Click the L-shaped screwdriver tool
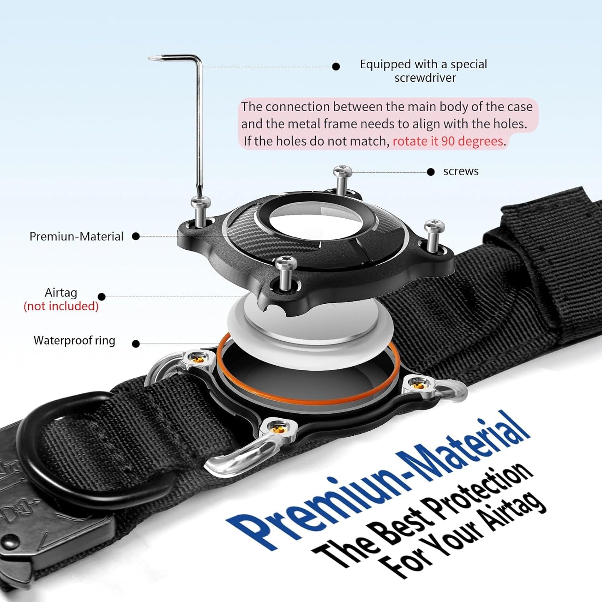[199, 125]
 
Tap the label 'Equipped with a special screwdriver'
[423, 71]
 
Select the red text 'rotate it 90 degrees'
[448, 141]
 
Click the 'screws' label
[461, 171]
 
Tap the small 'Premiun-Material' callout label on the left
[76, 237]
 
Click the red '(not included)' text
[61, 306]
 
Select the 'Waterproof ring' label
[74, 340]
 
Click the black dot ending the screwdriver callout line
[336, 67]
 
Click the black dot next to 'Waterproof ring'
[136, 344]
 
